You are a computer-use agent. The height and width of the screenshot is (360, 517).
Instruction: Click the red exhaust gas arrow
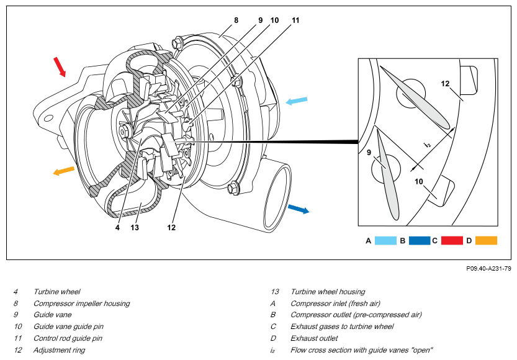coord(60,67)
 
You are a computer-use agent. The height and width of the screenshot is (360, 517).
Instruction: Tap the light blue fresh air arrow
coord(297,101)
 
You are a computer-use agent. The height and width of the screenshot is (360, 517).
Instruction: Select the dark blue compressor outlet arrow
coord(299,209)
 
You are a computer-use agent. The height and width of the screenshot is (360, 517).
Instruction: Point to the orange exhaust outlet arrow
coord(64,171)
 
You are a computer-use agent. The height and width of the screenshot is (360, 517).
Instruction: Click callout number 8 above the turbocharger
coord(236,20)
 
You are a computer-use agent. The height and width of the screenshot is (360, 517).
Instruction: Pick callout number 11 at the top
coord(295,20)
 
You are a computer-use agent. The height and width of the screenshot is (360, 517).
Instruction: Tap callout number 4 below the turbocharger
coord(117,227)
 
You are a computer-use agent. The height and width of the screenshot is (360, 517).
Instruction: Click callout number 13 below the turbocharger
coord(135,227)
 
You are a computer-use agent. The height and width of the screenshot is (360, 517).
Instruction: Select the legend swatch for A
coord(385,241)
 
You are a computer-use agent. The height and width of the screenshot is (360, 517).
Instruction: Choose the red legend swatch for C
coord(452,241)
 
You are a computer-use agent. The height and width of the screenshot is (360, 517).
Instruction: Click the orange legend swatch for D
coord(486,241)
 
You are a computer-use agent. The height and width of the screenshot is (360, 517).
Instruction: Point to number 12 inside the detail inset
coord(445,84)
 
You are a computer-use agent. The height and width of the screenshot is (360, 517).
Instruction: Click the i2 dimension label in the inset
coord(427,144)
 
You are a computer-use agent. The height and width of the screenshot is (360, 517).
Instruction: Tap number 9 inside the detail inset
coord(369,152)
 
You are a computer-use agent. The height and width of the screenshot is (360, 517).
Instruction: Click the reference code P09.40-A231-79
coord(488,269)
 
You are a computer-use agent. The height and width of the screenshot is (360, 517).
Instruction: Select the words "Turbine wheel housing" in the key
coord(328,292)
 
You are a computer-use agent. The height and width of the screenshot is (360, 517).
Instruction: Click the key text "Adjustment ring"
coord(59,350)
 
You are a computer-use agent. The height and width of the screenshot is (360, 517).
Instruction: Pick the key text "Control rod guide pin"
coord(68,338)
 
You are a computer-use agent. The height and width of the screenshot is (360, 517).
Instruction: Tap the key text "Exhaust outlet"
coord(314,338)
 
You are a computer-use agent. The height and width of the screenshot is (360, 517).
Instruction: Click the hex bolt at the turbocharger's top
coord(177,43)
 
